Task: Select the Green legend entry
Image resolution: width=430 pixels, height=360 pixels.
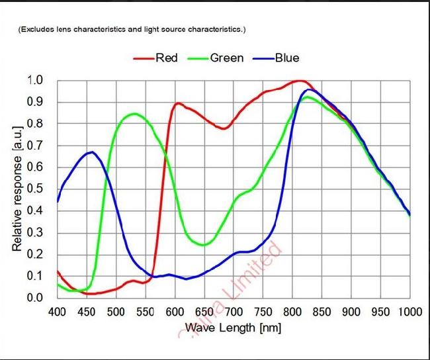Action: click(227, 58)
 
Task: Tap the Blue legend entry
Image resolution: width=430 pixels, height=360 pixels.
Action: click(287, 58)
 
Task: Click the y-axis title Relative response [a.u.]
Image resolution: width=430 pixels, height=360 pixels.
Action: click(18, 189)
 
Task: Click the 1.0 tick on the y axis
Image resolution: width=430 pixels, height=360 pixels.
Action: click(36, 80)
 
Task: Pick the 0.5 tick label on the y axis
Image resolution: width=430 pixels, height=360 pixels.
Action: click(36, 189)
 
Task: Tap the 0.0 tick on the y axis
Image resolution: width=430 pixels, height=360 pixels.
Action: click(36, 298)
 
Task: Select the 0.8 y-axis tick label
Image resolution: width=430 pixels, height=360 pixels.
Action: click(36, 124)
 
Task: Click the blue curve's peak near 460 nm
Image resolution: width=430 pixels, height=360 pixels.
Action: click(92, 152)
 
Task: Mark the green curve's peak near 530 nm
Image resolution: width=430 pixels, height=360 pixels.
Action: click(134, 114)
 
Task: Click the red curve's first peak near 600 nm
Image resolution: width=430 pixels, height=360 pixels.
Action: click(179, 103)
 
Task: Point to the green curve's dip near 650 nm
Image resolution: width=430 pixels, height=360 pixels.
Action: click(204, 245)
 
